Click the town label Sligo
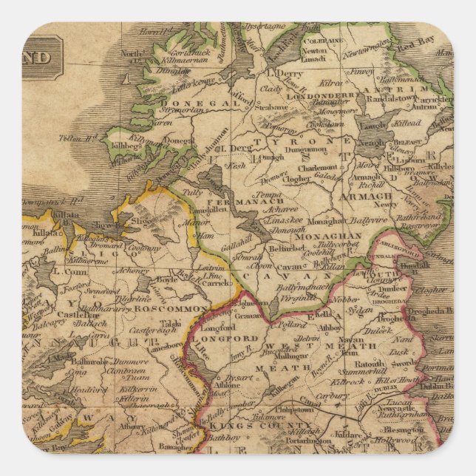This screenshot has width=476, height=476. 142,220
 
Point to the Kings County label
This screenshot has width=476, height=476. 235,426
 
